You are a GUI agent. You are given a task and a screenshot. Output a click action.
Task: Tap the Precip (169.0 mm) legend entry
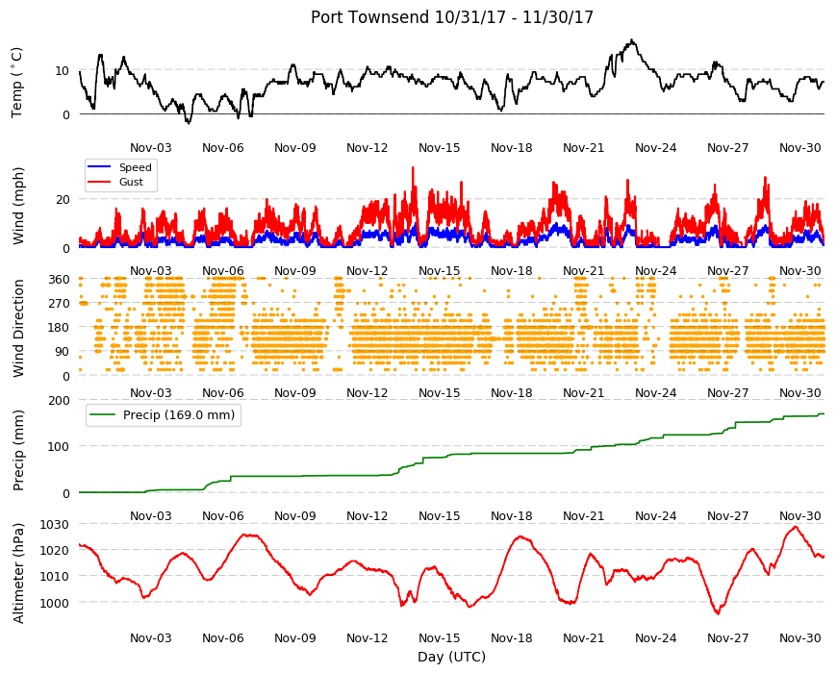point(163,415)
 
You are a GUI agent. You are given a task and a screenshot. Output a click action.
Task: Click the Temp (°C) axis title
point(17,82)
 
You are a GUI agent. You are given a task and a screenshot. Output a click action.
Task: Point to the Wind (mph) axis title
point(18,206)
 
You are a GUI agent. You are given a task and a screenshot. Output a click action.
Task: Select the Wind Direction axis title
point(18,328)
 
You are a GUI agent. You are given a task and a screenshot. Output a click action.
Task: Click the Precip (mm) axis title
point(18,450)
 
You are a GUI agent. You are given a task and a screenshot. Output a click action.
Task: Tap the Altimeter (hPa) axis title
point(18,573)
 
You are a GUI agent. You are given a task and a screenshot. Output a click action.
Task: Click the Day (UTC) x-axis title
point(451,657)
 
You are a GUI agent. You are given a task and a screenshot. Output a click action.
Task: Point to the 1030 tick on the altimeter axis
point(55,524)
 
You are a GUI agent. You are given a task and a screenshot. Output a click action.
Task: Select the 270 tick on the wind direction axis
point(60,304)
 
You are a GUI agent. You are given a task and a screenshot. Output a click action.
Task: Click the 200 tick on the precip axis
point(60,400)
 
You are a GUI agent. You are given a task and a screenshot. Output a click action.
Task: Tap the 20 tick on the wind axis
point(63,199)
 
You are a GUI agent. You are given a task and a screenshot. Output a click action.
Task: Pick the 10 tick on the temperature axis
point(62,71)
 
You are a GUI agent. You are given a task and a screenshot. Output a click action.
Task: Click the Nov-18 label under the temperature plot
point(512,148)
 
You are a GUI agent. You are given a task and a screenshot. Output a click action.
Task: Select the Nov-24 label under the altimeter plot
point(655,637)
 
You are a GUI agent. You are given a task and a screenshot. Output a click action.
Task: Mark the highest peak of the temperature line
point(632,39)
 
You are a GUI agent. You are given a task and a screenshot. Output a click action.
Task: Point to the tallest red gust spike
point(413,167)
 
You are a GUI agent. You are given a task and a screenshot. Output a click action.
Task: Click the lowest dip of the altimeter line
point(718,613)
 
